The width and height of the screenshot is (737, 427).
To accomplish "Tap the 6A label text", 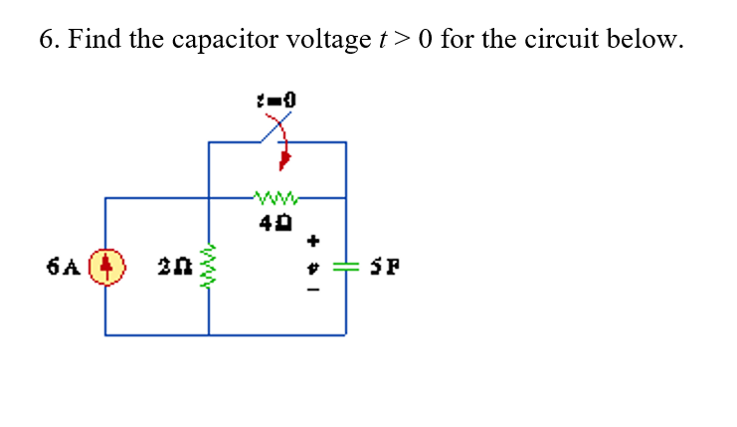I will coord(64,266).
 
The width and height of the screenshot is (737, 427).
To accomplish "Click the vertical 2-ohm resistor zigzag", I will coord(208,266).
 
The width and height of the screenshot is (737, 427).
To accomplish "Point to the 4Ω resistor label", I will coord(276,222).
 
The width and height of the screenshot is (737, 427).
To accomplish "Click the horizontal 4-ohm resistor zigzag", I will coord(276,197).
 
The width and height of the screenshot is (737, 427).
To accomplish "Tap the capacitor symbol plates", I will coord(345,267).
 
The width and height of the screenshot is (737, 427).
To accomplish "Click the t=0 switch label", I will coord(276,101).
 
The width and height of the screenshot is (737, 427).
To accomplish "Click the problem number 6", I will coord(49,39).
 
